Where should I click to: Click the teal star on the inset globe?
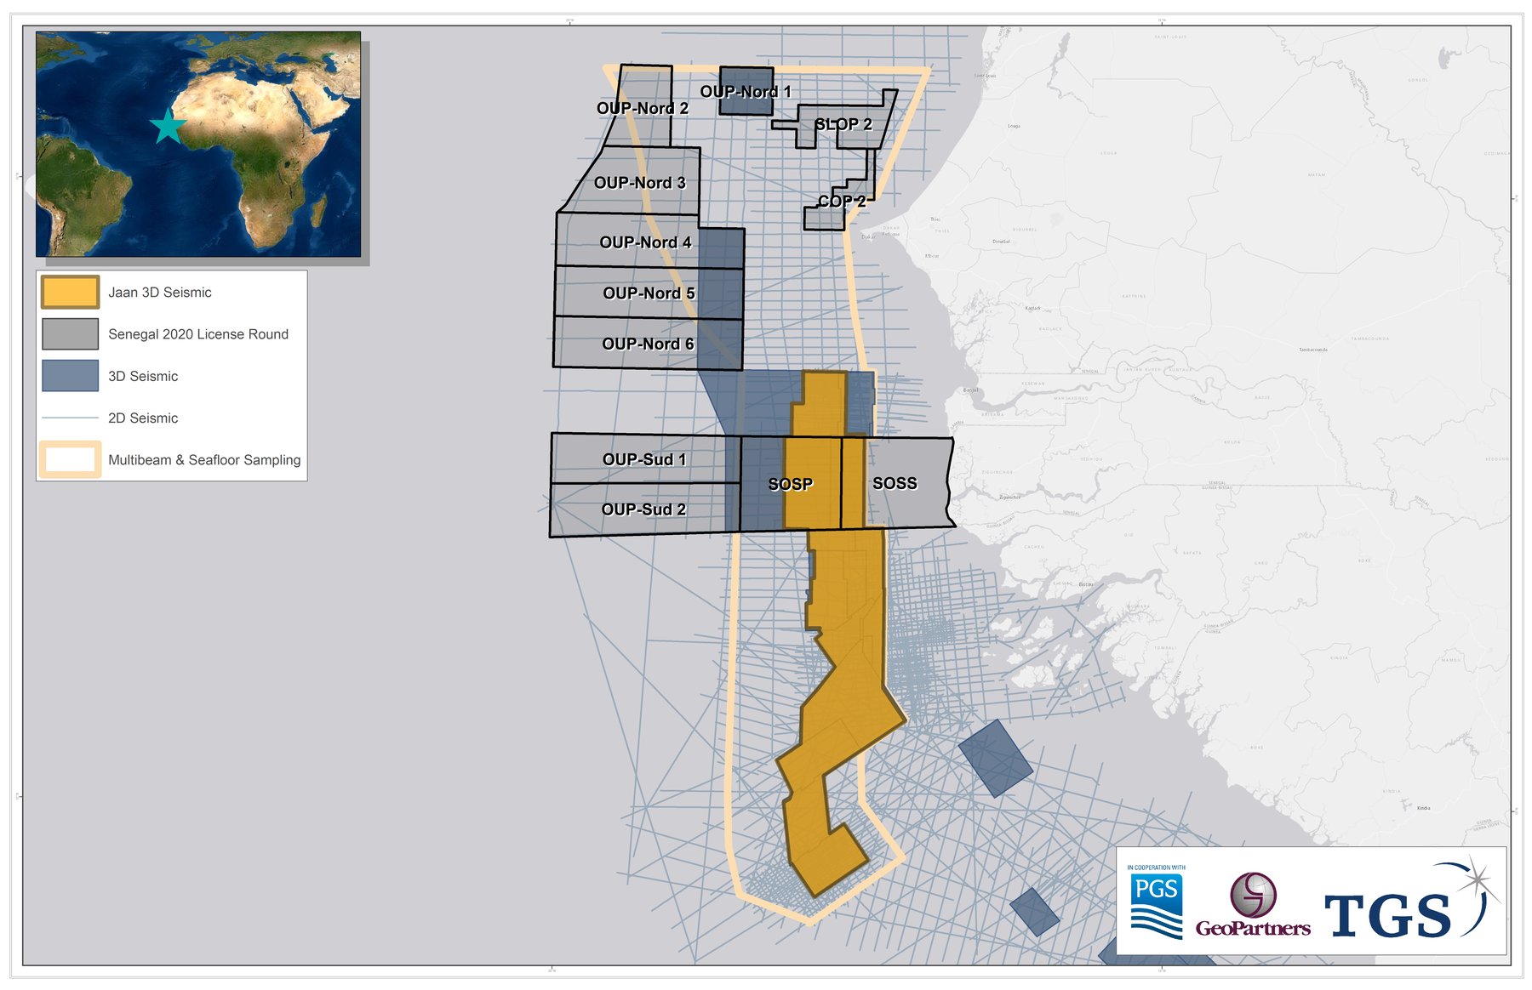pos(168,128)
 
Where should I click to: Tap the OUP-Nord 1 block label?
pos(746,92)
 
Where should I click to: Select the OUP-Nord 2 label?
pos(642,108)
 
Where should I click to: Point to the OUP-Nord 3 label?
pos(639,183)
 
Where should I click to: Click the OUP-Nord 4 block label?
pos(645,242)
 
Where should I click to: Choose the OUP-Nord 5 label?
pos(649,293)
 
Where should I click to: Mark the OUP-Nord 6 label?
pos(648,344)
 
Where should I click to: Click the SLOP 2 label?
pos(843,124)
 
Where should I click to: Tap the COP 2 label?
pos(841,202)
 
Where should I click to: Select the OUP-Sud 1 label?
pos(643,459)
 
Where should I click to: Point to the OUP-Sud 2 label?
pos(643,509)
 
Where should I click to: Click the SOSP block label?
pos(790,484)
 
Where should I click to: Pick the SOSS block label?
pos(895,483)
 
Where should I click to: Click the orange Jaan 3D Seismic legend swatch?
pos(70,293)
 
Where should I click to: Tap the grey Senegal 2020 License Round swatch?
pos(70,334)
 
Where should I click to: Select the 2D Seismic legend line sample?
pos(70,418)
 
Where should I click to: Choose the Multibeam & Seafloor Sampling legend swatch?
pos(70,459)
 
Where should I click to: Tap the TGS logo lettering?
pos(1387,915)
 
